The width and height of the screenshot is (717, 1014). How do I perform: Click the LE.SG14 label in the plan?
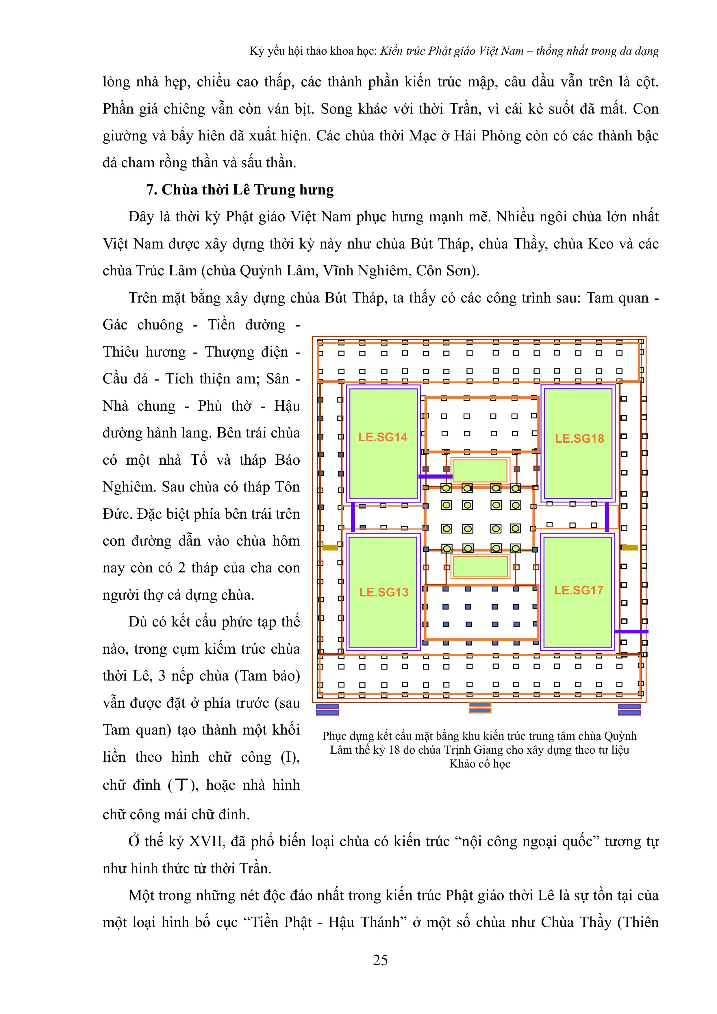click(x=383, y=437)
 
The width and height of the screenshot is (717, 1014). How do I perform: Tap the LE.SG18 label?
click(x=579, y=439)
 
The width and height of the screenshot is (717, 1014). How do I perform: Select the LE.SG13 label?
click(x=383, y=592)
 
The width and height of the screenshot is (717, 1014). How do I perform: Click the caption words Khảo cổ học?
click(x=480, y=763)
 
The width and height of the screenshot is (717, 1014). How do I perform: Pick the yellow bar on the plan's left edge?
click(x=330, y=548)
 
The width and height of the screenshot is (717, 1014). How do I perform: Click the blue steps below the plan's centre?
click(x=480, y=707)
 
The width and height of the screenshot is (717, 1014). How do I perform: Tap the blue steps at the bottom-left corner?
click(x=327, y=709)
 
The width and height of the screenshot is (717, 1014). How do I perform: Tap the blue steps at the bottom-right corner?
click(x=629, y=709)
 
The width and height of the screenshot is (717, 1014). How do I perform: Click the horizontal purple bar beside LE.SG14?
click(x=435, y=477)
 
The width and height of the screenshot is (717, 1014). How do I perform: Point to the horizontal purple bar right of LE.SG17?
click(x=631, y=631)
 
